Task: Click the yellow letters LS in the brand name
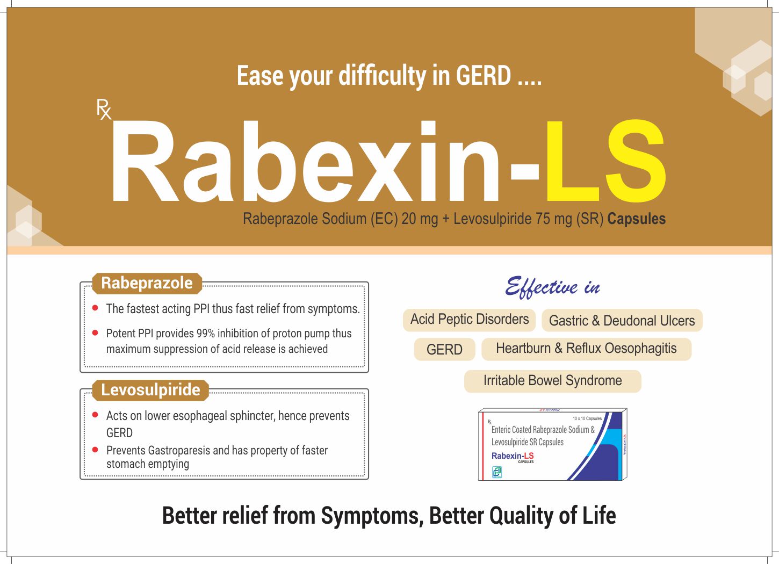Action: coord(605,163)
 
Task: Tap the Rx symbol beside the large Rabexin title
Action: coord(104,109)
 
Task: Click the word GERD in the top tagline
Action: coord(483,76)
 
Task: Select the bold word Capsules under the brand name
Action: coord(636,219)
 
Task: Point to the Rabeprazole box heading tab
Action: coord(147,283)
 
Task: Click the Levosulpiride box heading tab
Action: coord(150,390)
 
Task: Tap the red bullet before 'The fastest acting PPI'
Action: coord(95,308)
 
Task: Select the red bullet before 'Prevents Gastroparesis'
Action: coord(95,450)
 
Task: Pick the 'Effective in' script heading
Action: coord(552,287)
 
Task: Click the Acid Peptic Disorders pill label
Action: coord(469,320)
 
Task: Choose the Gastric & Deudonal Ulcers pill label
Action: coord(622,321)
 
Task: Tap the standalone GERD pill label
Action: coord(444,350)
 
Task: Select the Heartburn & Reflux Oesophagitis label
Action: coord(586,349)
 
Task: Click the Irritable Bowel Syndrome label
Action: coord(552,381)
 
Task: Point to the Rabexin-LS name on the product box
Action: coord(513,456)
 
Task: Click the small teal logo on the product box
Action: coord(497,472)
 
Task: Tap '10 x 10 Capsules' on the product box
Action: coord(587,418)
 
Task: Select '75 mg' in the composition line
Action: coord(553,219)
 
